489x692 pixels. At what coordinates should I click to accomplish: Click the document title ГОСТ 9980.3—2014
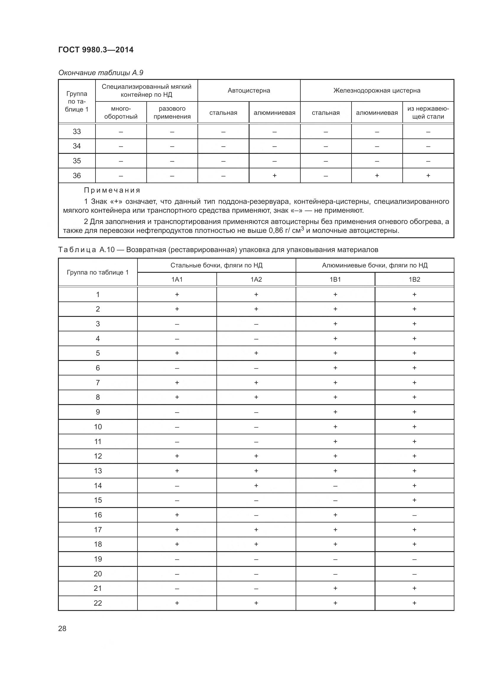[96, 50]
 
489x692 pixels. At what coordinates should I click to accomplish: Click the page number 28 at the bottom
[62, 628]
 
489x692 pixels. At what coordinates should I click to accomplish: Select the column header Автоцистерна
[249, 91]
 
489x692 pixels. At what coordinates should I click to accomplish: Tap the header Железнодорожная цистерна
[377, 91]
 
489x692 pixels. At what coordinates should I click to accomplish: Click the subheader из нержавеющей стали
[428, 112]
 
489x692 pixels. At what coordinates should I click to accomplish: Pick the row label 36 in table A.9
[77, 175]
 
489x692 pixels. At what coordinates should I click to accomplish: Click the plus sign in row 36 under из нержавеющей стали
[428, 175]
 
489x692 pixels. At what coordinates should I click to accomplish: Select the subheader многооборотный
[121, 112]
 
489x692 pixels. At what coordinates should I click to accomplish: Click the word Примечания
[112, 190]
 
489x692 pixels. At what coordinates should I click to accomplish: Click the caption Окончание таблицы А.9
[101, 73]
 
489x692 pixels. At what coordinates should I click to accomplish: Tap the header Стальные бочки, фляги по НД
[216, 265]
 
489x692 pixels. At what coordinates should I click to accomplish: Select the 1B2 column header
[414, 279]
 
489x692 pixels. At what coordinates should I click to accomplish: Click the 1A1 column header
[177, 279]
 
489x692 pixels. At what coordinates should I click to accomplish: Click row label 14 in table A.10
[98, 485]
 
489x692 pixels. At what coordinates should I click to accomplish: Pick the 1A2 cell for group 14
[256, 485]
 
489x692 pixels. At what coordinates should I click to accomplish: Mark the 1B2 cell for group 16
[414, 515]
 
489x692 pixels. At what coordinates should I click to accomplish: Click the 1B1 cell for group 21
[335, 588]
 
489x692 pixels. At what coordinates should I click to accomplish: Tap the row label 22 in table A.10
[98, 603]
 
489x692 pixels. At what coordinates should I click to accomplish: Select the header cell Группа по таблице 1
[98, 272]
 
